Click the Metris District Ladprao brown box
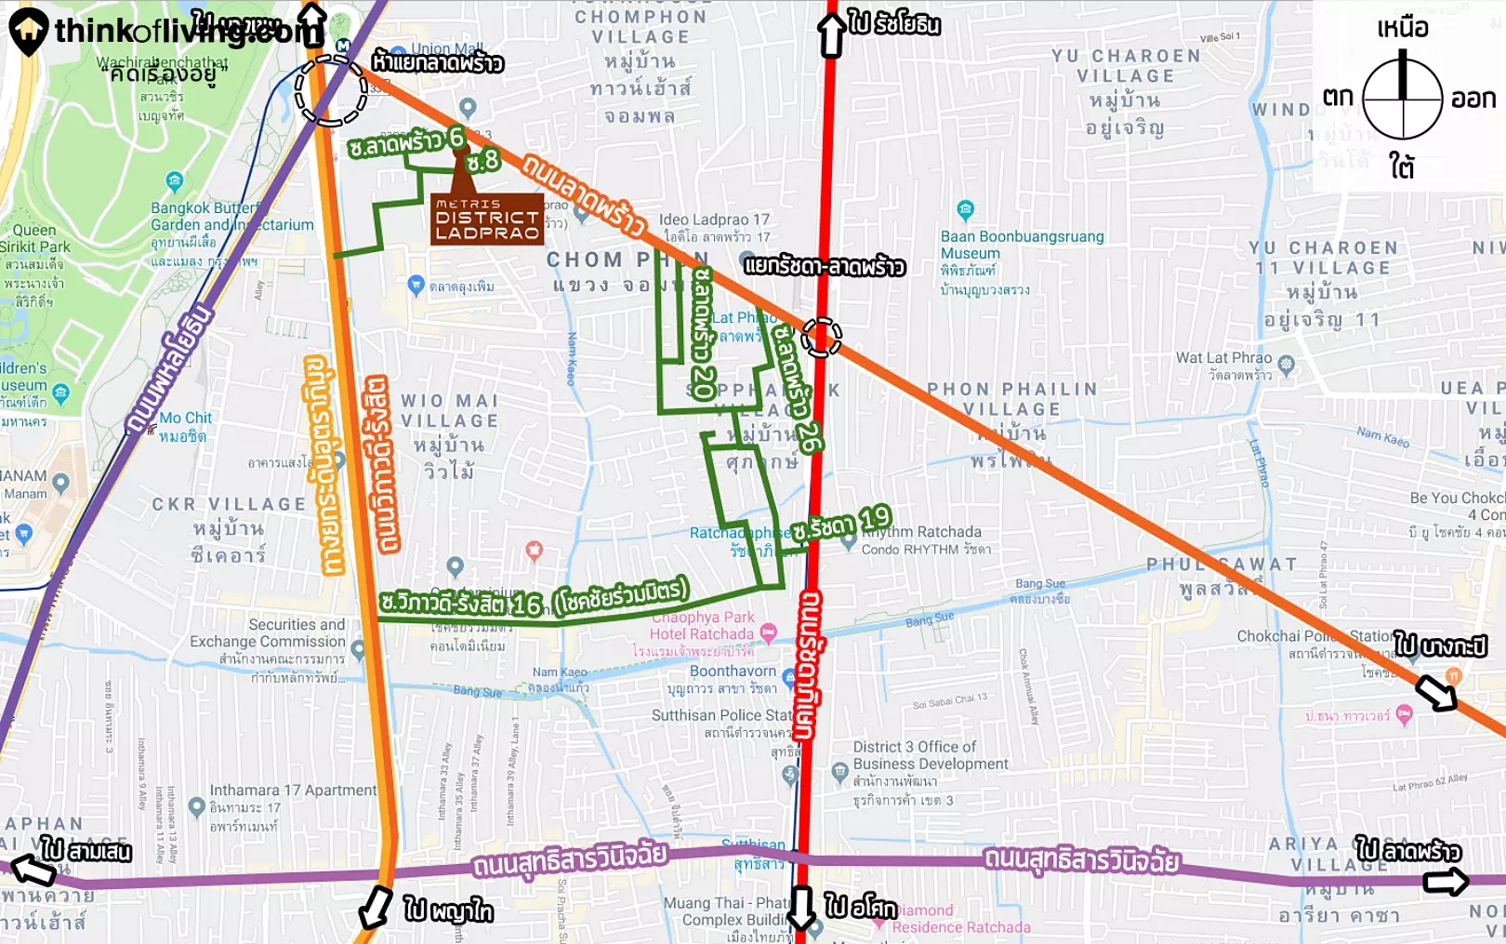[x=486, y=219]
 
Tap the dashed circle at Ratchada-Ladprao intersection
[x=821, y=337]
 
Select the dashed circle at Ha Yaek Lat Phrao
[x=331, y=90]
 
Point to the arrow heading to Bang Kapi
[x=1435, y=692]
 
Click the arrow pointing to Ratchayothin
[x=832, y=35]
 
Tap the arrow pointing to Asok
[x=800, y=908]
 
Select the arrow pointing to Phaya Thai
[x=376, y=907]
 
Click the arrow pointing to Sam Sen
[x=33, y=870]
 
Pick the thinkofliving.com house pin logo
[x=28, y=31]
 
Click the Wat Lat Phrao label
[x=1223, y=358]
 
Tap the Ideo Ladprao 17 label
[x=714, y=220]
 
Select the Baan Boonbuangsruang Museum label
[x=1021, y=245]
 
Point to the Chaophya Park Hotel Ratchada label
[x=702, y=625]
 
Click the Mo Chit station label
[x=185, y=419]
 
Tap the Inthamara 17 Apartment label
[x=293, y=791]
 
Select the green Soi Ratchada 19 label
[x=841, y=525]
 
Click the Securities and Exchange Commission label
[x=268, y=633]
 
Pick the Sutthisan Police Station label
[x=721, y=715]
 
